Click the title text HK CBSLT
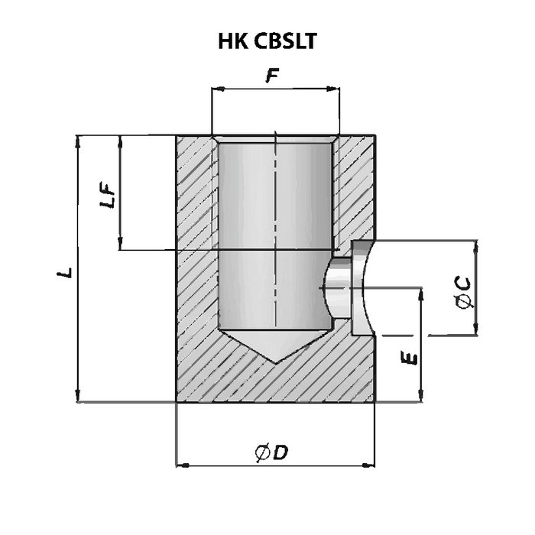point(268,41)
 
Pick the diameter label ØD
point(271,452)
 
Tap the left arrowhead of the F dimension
point(216,90)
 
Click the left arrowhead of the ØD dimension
point(182,463)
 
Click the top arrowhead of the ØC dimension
point(475,246)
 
